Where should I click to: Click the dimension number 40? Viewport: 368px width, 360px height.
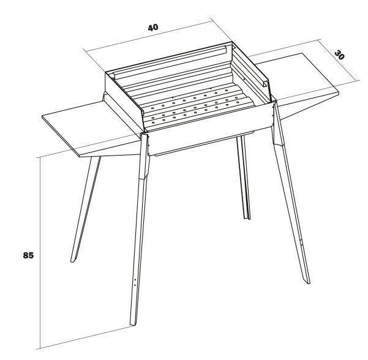[153, 28]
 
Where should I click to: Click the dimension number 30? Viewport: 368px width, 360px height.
[339, 55]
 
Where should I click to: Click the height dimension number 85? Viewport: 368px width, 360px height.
[28, 255]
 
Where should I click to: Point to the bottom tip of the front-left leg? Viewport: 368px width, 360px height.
[133, 325]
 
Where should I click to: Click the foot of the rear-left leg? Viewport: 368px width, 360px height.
[72, 261]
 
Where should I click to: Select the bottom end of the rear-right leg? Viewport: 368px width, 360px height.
[247, 219]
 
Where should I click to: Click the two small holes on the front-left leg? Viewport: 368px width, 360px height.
[135, 282]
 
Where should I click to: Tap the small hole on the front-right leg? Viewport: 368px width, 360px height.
[302, 241]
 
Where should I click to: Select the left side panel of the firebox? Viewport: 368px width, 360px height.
[124, 101]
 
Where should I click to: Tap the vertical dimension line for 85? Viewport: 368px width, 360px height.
[40, 253]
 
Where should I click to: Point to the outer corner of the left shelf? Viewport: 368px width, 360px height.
[42, 116]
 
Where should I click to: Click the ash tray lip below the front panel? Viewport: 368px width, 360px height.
[204, 144]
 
